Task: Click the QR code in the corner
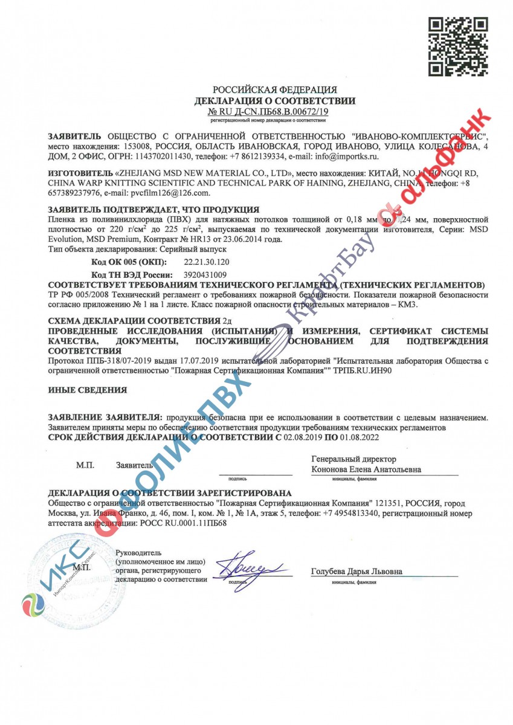pos(457,47)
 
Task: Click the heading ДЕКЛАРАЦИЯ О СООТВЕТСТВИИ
pos(274,101)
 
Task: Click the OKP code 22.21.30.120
pos(206,263)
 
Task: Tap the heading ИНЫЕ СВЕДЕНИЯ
pos(87,390)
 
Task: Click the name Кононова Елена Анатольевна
pos(366,469)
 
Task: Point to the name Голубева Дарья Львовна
pos(357,572)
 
